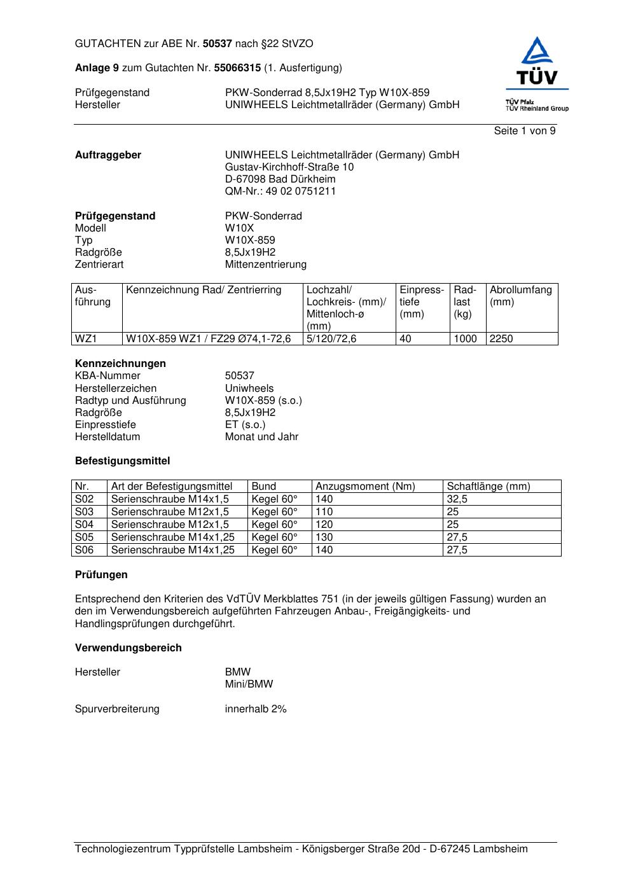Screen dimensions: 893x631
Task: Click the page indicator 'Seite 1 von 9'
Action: [524, 131]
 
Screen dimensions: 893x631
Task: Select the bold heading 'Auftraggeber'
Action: [108, 155]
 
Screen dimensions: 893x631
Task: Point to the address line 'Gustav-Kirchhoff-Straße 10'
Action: [289, 167]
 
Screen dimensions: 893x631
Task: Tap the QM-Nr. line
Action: [280, 191]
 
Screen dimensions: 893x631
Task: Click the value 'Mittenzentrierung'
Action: [265, 265]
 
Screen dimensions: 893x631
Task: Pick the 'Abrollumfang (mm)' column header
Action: [520, 296]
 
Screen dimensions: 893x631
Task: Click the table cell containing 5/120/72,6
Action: [331, 339]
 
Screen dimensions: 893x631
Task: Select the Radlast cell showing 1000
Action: [465, 339]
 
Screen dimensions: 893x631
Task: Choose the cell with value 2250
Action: [501, 339]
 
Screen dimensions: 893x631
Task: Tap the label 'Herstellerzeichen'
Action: [116, 389]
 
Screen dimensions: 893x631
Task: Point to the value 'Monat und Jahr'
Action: [261, 437]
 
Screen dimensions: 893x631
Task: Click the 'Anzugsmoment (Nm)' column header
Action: [365, 487]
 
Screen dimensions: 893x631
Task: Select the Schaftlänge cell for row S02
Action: [457, 499]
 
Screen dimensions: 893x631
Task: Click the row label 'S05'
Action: [84, 537]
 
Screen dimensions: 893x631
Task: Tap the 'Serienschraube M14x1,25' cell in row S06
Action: [172, 550]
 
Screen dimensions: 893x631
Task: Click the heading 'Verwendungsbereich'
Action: [128, 648]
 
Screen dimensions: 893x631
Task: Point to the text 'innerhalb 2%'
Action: [256, 709]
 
